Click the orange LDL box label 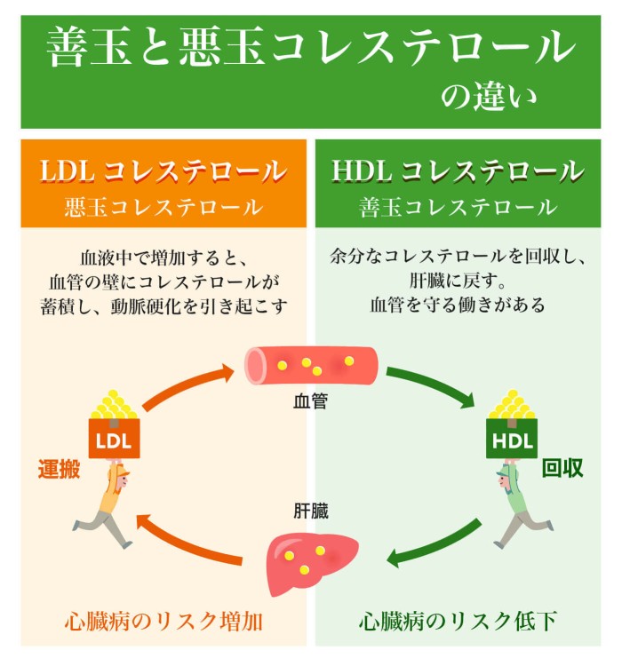(x=114, y=440)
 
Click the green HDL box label (x=510, y=440)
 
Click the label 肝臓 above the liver (x=311, y=511)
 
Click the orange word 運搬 (x=59, y=469)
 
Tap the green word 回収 (x=562, y=469)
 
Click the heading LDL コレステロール (x=163, y=170)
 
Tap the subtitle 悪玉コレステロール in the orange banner (x=163, y=208)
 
